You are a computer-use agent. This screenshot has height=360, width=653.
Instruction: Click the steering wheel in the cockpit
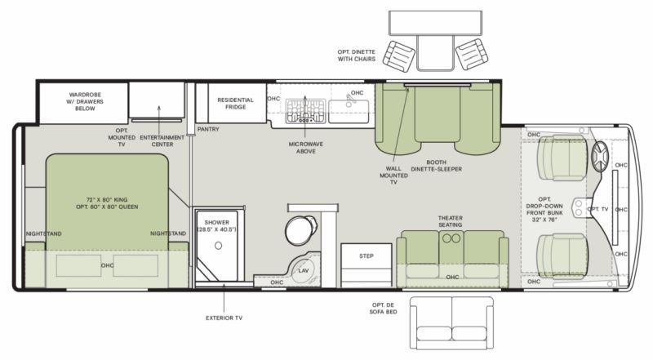600,157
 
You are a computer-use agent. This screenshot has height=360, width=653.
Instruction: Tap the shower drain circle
218,246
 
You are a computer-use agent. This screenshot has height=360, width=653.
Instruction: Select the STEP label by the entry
366,256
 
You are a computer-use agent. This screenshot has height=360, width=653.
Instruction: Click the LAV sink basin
304,269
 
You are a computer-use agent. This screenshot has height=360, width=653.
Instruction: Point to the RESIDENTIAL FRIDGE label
235,104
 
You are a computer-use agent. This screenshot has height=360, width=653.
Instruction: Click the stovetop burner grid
305,111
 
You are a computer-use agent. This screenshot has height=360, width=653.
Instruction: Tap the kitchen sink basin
349,111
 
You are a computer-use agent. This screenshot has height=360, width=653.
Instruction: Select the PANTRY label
208,129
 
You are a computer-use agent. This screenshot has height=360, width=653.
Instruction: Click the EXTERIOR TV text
224,318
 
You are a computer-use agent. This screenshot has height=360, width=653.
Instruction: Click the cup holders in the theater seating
451,238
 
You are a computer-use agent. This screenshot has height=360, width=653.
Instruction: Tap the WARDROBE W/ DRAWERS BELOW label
85,101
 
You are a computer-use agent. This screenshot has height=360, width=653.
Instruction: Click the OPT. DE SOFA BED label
383,309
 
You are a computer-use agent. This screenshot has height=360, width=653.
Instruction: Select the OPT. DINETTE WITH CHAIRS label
357,56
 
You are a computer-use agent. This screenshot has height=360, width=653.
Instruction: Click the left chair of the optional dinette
399,56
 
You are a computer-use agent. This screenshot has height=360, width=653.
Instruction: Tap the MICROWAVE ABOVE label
305,148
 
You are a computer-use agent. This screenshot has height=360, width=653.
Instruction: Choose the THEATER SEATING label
451,221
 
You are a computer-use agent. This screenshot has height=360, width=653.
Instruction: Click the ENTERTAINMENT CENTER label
162,141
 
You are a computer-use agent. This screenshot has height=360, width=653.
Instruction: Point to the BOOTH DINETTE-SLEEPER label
437,166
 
